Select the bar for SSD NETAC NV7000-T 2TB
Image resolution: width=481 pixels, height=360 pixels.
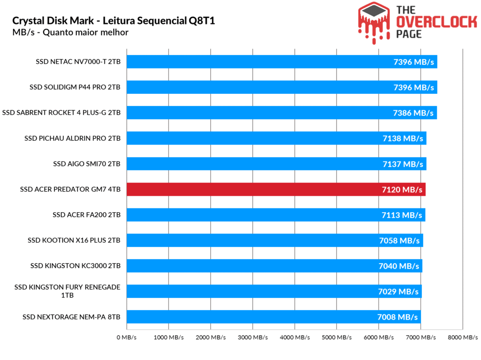282,61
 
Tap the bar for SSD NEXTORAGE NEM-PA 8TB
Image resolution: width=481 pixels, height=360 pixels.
274,317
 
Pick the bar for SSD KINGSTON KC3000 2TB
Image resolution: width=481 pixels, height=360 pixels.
274,266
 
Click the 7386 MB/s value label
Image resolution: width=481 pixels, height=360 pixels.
413,113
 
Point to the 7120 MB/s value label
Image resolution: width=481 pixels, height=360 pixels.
402,190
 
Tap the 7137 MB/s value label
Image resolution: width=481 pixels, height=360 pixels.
403,164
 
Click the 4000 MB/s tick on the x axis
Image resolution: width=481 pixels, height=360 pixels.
295,337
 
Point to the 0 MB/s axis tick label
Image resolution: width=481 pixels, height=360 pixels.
126,337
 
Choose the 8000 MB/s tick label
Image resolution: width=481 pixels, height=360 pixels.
463,337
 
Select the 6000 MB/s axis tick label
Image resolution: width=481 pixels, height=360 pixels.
379,337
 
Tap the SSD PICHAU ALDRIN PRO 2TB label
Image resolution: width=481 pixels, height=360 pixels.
73,138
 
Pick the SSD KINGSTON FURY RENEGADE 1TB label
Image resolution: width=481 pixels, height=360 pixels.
67,291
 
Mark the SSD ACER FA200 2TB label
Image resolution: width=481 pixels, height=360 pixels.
87,215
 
